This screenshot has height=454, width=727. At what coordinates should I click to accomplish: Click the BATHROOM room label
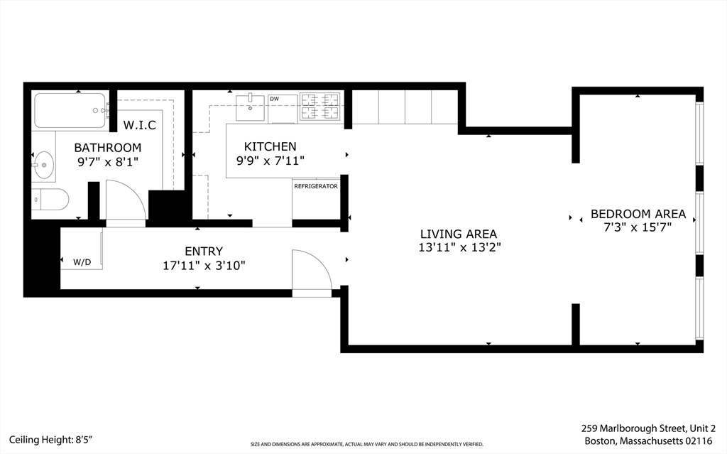click(108, 148)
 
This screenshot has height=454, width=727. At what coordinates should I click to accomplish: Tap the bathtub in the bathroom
click(70, 110)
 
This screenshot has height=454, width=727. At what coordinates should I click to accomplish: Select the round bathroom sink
click(44, 165)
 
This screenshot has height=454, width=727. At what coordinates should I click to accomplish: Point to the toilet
click(51, 200)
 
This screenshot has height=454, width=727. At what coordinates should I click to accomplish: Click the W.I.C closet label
click(139, 125)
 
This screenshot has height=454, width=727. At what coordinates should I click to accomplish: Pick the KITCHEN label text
click(270, 146)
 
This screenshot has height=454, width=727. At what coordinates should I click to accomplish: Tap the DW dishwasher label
click(274, 99)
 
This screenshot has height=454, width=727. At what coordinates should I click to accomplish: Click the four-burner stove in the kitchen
click(320, 106)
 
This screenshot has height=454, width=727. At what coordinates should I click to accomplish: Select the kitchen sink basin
click(250, 107)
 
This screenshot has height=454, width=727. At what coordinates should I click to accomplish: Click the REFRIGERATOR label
click(316, 186)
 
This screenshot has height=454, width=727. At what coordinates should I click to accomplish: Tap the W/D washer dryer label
click(82, 262)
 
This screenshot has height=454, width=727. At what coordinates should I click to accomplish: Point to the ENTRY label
click(204, 251)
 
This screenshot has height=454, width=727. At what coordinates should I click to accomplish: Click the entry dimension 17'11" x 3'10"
click(204, 265)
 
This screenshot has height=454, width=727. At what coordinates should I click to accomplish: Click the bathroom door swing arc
click(126, 200)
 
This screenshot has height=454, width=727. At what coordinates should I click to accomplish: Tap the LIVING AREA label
click(458, 234)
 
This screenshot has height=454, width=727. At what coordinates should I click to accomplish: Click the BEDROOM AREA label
click(638, 214)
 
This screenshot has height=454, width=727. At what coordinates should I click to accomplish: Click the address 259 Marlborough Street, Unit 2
click(648, 428)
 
